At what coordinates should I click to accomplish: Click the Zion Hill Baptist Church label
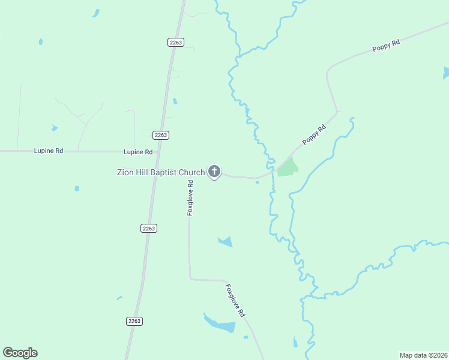(160, 173)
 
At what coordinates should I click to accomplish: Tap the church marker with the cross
(214, 172)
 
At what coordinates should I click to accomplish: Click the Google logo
(20, 353)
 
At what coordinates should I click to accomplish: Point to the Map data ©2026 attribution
(424, 355)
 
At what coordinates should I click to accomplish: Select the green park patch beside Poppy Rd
(288, 167)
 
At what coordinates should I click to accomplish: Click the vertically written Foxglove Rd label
(190, 198)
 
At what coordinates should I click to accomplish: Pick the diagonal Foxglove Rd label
(235, 301)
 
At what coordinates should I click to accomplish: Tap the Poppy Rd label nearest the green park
(314, 134)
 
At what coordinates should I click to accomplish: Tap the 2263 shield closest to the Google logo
(134, 321)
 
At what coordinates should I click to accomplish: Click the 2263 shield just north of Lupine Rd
(160, 135)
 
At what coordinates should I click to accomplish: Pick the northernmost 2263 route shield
(175, 42)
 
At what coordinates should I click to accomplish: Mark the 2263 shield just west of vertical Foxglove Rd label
(149, 228)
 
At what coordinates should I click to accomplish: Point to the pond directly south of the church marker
(225, 242)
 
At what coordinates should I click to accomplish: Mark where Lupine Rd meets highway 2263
(157, 152)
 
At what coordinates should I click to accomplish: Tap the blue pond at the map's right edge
(446, 73)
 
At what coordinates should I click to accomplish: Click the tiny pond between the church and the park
(257, 183)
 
